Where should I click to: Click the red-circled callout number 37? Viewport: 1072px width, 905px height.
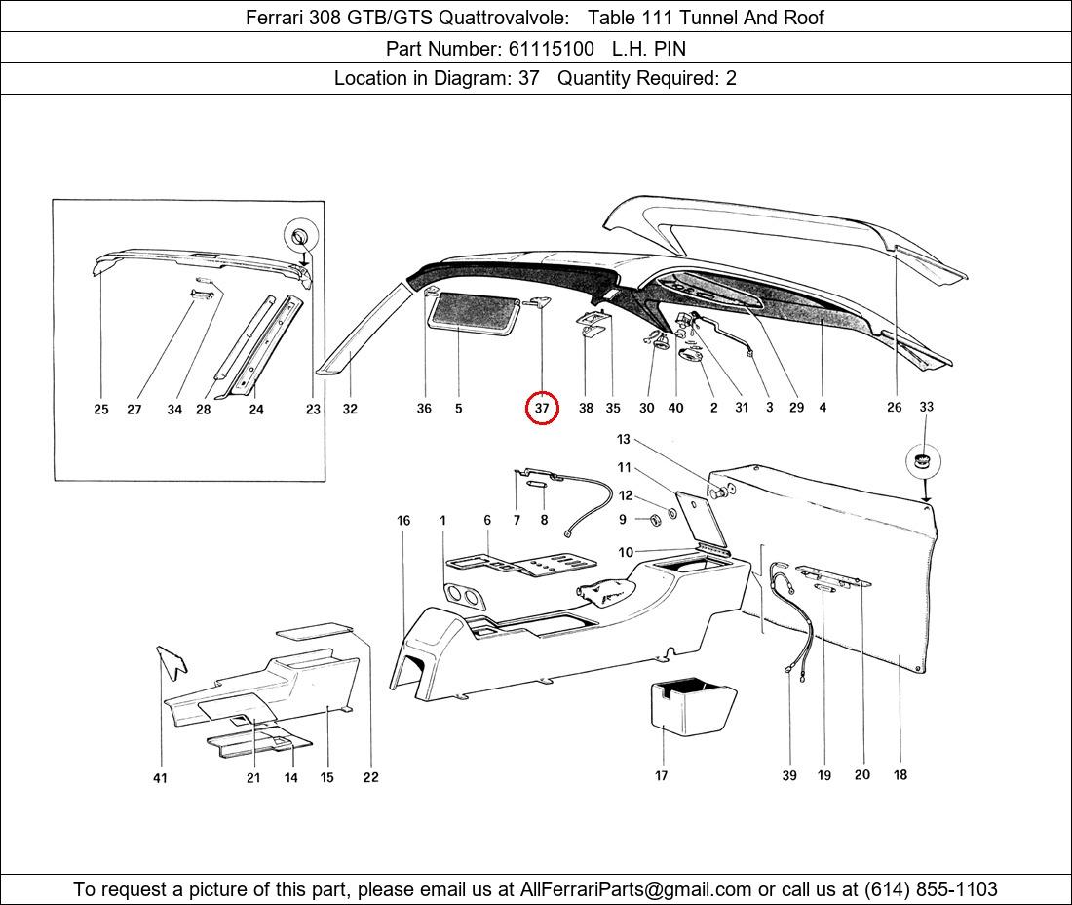click(x=542, y=409)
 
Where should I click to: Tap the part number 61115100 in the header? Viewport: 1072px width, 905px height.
click(x=551, y=49)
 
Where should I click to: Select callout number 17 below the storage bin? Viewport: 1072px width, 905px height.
click(x=661, y=775)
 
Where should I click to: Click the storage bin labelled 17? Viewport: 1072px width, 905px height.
click(x=692, y=707)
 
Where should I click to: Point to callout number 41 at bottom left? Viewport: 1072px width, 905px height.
click(x=160, y=778)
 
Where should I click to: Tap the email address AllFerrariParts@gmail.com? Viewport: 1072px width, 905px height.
click(x=635, y=889)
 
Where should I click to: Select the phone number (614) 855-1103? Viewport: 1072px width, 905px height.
click(x=931, y=889)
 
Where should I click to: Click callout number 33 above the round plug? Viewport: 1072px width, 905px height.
click(x=927, y=407)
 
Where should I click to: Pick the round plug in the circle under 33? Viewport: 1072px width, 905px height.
click(x=923, y=460)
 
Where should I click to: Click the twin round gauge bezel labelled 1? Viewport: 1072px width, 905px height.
click(x=463, y=597)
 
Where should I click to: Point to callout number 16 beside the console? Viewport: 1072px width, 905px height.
click(x=404, y=521)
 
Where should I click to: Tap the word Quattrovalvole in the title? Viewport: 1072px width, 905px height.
click(x=503, y=18)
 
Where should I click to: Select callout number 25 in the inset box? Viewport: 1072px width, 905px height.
click(x=101, y=409)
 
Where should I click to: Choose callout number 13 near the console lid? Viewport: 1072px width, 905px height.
click(x=624, y=439)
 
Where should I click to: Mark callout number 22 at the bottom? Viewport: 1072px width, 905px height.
click(x=370, y=777)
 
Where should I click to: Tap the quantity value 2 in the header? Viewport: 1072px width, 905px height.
click(x=731, y=78)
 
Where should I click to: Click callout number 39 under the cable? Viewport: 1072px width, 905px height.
click(x=789, y=775)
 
